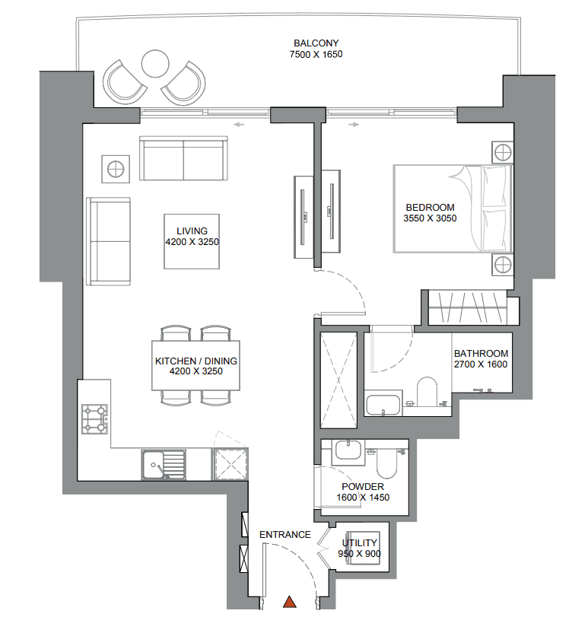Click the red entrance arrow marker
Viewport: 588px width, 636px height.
coord(289,603)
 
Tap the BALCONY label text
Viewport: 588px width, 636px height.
coord(316,43)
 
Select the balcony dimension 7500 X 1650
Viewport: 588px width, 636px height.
coord(316,55)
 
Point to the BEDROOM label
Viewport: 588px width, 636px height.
coord(430,207)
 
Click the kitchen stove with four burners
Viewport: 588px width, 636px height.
coord(94,418)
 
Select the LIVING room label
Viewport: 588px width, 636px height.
coord(192,231)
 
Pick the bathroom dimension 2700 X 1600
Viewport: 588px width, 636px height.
coord(481,364)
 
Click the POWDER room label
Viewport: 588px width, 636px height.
coord(362,487)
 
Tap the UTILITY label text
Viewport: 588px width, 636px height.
coord(359,543)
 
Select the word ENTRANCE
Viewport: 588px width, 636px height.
coord(284,535)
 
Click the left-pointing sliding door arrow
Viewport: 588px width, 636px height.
coord(240,123)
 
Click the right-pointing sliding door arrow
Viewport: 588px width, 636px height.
coord(354,123)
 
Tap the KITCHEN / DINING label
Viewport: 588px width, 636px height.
coord(196,361)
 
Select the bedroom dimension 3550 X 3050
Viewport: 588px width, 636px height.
coord(430,218)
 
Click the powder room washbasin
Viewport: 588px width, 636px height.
coord(348,451)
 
